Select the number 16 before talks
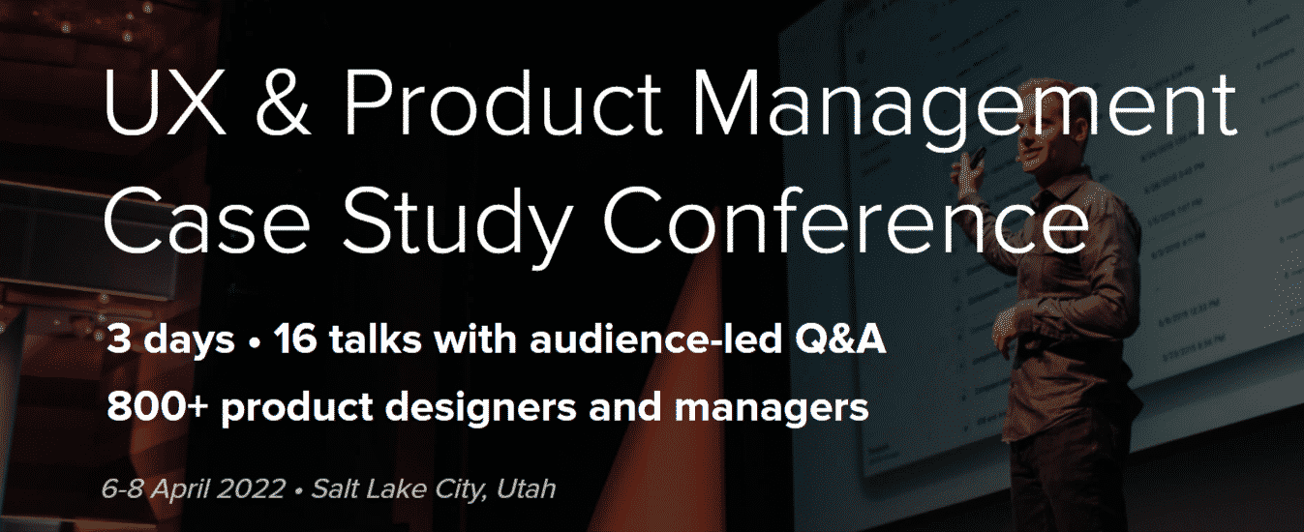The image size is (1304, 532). click(293, 341)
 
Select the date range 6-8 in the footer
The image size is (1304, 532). click(124, 488)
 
